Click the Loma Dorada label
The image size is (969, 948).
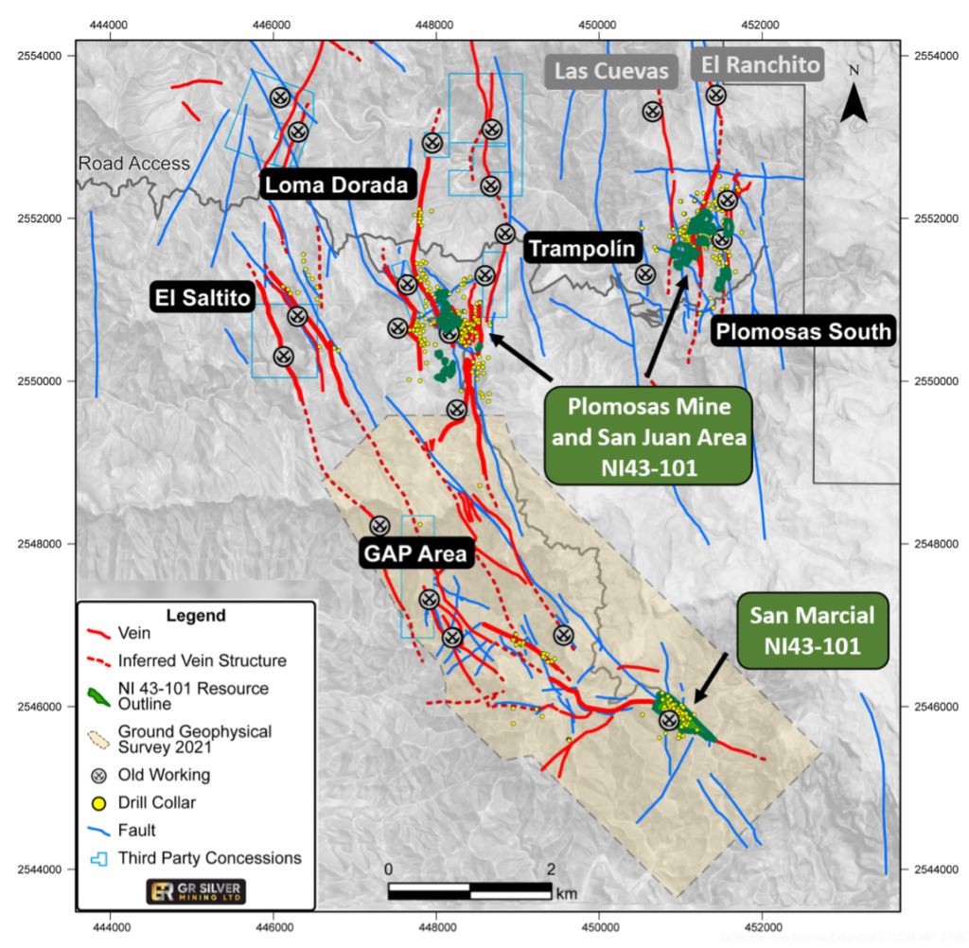pos(336,185)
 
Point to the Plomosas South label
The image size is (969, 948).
pos(802,331)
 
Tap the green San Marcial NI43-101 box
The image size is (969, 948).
pos(812,631)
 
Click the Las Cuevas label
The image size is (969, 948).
pos(611,70)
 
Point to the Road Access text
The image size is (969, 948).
pos(133,164)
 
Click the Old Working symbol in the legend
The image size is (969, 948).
pos(97,775)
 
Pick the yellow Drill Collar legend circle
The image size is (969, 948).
pos(97,803)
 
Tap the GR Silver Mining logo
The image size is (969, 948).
pos(194,891)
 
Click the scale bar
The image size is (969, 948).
pos(469,890)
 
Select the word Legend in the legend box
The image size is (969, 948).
pos(196,616)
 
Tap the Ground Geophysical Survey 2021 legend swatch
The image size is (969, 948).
pos(97,739)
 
